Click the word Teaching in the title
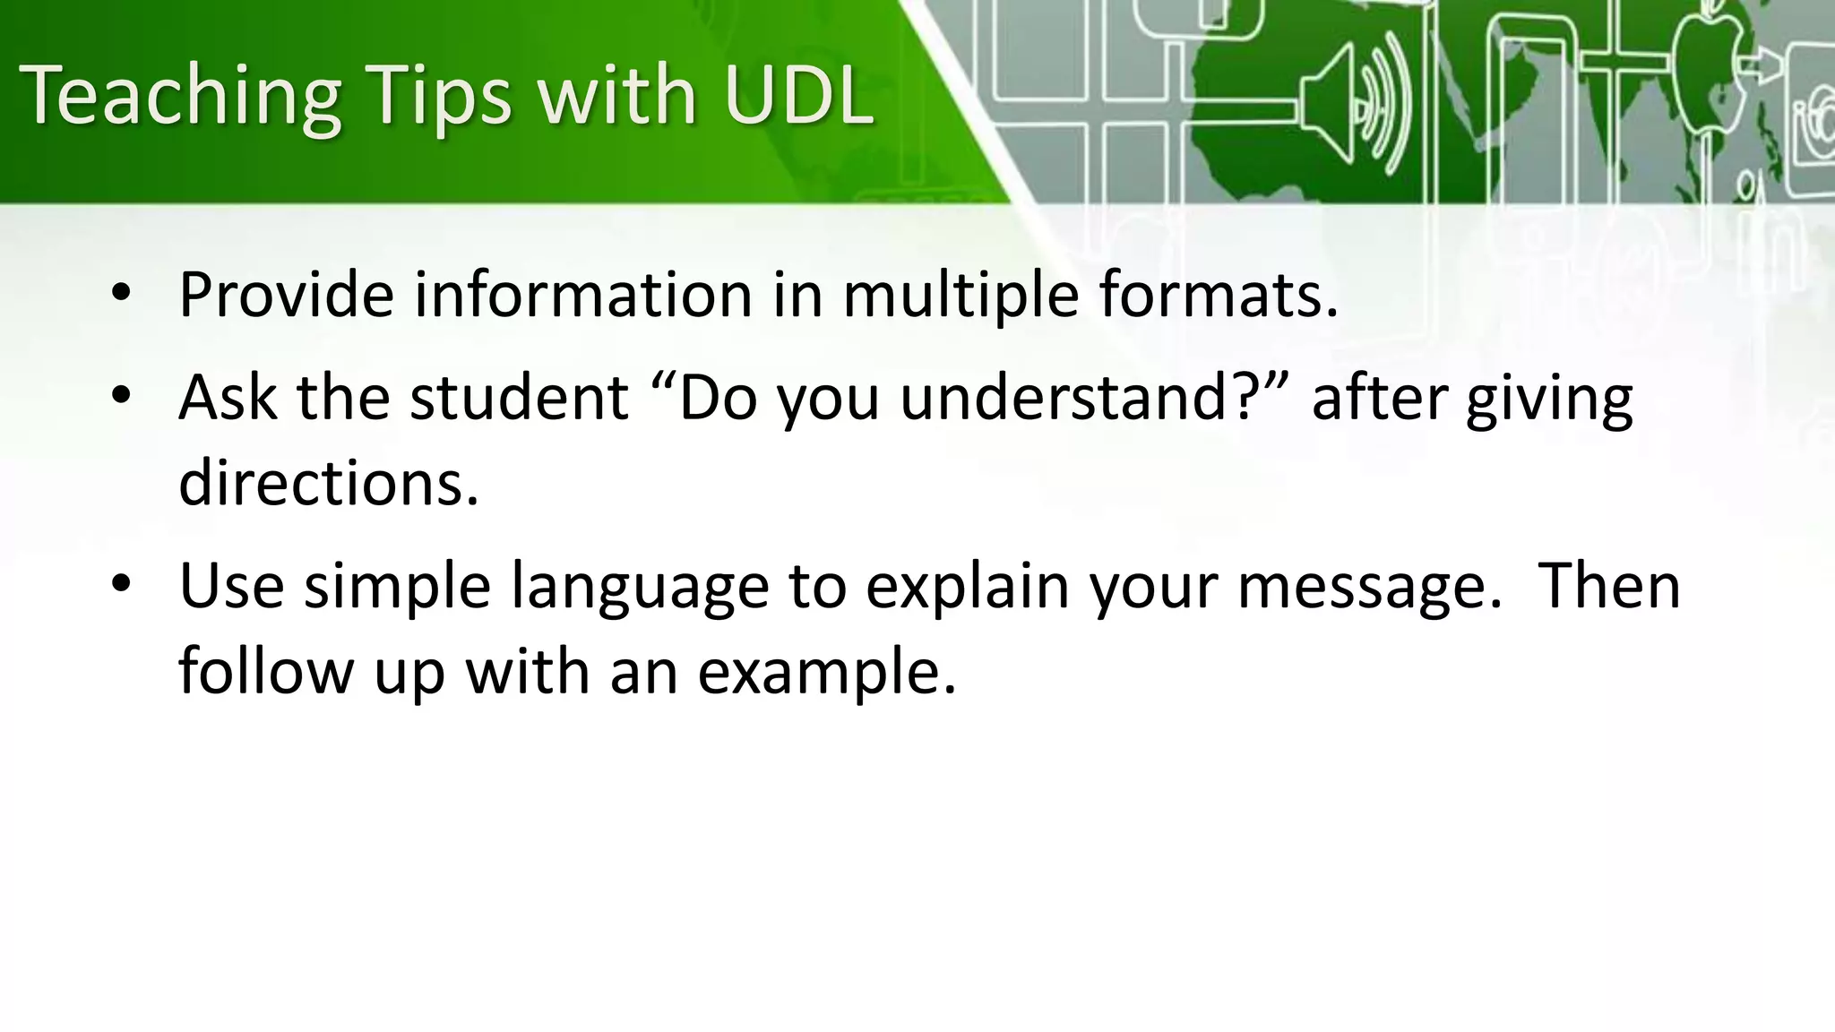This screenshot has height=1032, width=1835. [x=179, y=97]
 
